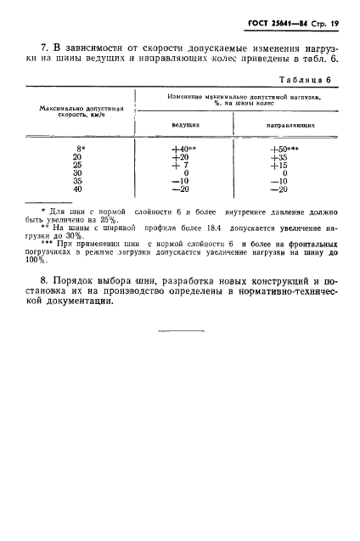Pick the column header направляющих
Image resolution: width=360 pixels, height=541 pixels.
291,124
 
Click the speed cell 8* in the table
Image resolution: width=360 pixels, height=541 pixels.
77,149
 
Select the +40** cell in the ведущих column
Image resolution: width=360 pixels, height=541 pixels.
184,149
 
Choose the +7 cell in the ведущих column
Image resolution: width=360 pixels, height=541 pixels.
179,165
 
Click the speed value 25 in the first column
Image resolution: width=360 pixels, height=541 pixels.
76,165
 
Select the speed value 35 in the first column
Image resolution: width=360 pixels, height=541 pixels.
76,181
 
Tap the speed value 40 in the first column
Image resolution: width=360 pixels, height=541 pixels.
76,189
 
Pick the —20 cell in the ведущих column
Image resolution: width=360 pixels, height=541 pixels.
179,189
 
